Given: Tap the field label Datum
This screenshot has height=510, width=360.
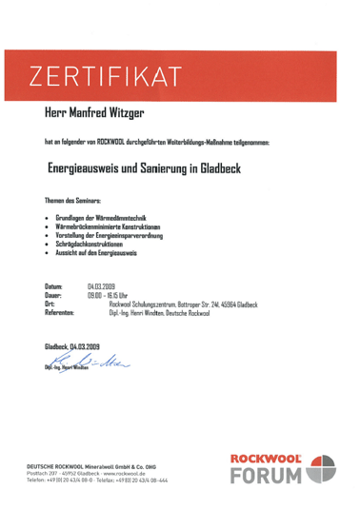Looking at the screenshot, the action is point(54,285).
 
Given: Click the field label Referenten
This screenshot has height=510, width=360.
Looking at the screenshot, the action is point(60,313).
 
